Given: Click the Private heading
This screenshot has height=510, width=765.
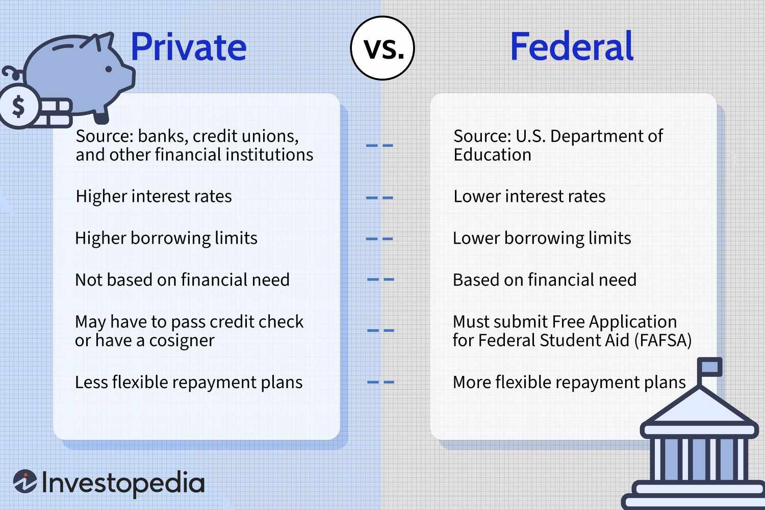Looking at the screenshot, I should tap(188, 47).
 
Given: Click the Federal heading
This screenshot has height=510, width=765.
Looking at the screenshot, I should tap(571, 47).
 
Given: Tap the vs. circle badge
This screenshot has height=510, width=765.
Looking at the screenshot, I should tap(382, 48).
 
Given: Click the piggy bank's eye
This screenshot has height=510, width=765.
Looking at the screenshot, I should tap(109, 68).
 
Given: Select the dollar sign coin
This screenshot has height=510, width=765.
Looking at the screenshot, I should tap(19, 107).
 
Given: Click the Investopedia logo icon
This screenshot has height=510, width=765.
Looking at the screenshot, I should tap(24, 482).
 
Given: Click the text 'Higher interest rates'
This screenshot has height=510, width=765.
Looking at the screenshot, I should tap(154, 196).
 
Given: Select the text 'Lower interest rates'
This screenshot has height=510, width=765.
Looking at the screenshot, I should tap(529, 196).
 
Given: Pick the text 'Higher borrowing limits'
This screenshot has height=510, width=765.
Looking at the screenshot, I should tap(166, 238).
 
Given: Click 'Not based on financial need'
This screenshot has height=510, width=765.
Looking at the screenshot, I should tap(182, 280).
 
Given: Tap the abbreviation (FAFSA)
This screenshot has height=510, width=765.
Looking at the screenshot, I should tap(662, 340).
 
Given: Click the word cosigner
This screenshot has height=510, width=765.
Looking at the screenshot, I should tap(182, 341).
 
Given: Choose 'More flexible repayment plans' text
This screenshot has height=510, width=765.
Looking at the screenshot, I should tap(569, 382).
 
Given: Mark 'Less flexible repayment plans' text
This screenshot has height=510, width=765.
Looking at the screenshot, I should tap(189, 382).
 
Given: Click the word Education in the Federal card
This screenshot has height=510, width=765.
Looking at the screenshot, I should tap(492, 155).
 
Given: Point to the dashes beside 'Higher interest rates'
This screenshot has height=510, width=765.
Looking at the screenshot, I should tap(380, 197).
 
